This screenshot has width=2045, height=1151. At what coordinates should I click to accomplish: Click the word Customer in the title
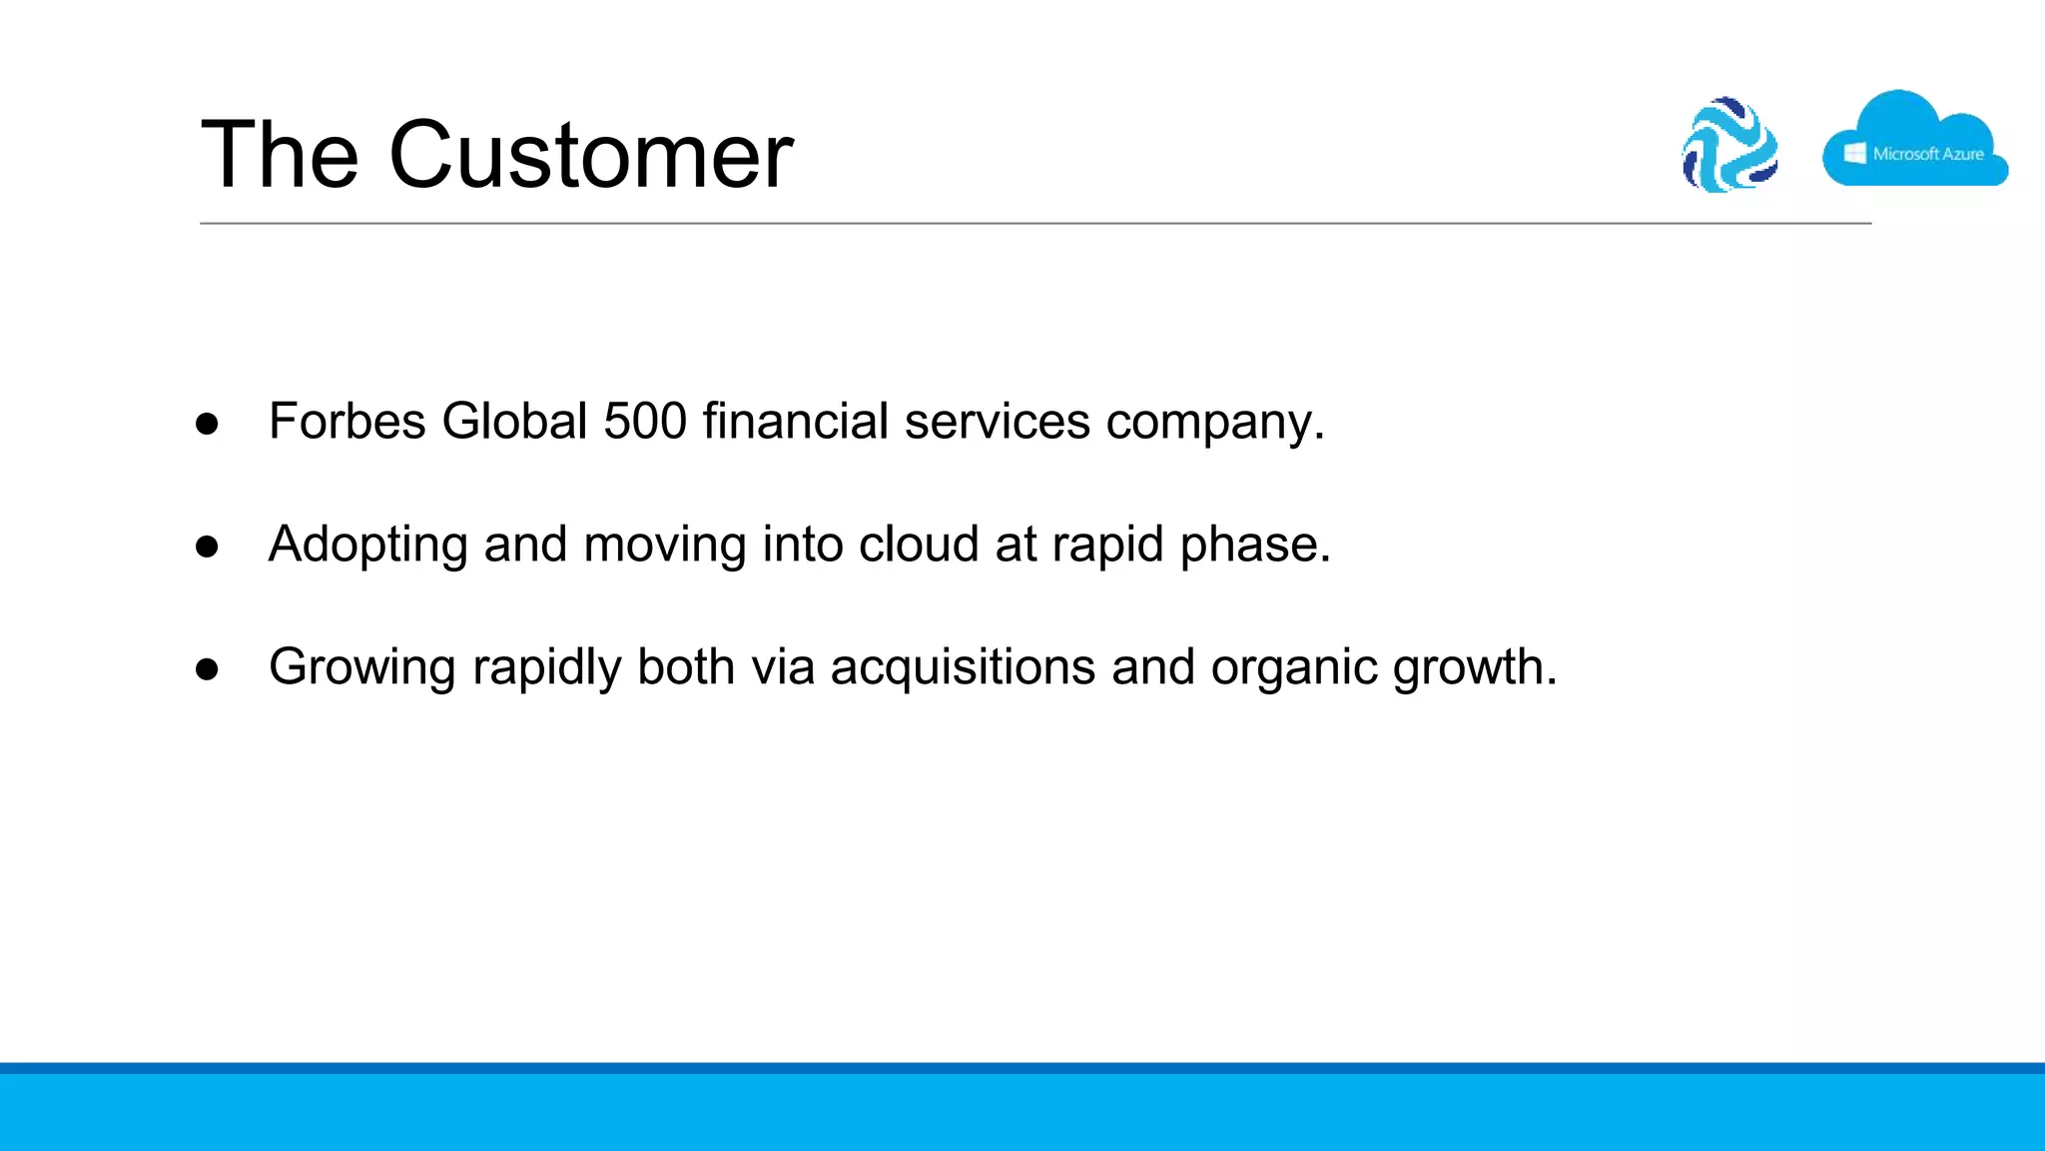[x=590, y=155]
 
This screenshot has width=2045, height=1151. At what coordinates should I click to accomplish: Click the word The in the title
[x=279, y=155]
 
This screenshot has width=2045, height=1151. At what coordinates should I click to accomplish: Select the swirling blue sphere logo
[x=1730, y=145]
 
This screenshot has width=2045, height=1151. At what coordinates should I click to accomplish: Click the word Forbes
[x=347, y=421]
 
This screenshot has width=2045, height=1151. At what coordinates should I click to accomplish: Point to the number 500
[x=645, y=421]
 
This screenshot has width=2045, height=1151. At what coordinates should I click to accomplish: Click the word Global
[x=514, y=421]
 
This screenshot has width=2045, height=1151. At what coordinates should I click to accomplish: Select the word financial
[x=795, y=421]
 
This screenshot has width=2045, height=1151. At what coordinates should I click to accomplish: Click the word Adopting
[x=367, y=546]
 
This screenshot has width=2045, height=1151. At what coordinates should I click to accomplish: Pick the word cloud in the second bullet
[x=919, y=545]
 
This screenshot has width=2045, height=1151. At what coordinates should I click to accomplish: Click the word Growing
[x=362, y=668]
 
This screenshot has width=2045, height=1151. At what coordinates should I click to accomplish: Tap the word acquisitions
[x=963, y=668]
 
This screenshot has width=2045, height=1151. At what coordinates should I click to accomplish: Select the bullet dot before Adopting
[x=208, y=548]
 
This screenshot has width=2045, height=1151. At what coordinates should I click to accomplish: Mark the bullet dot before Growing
[x=208, y=669]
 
